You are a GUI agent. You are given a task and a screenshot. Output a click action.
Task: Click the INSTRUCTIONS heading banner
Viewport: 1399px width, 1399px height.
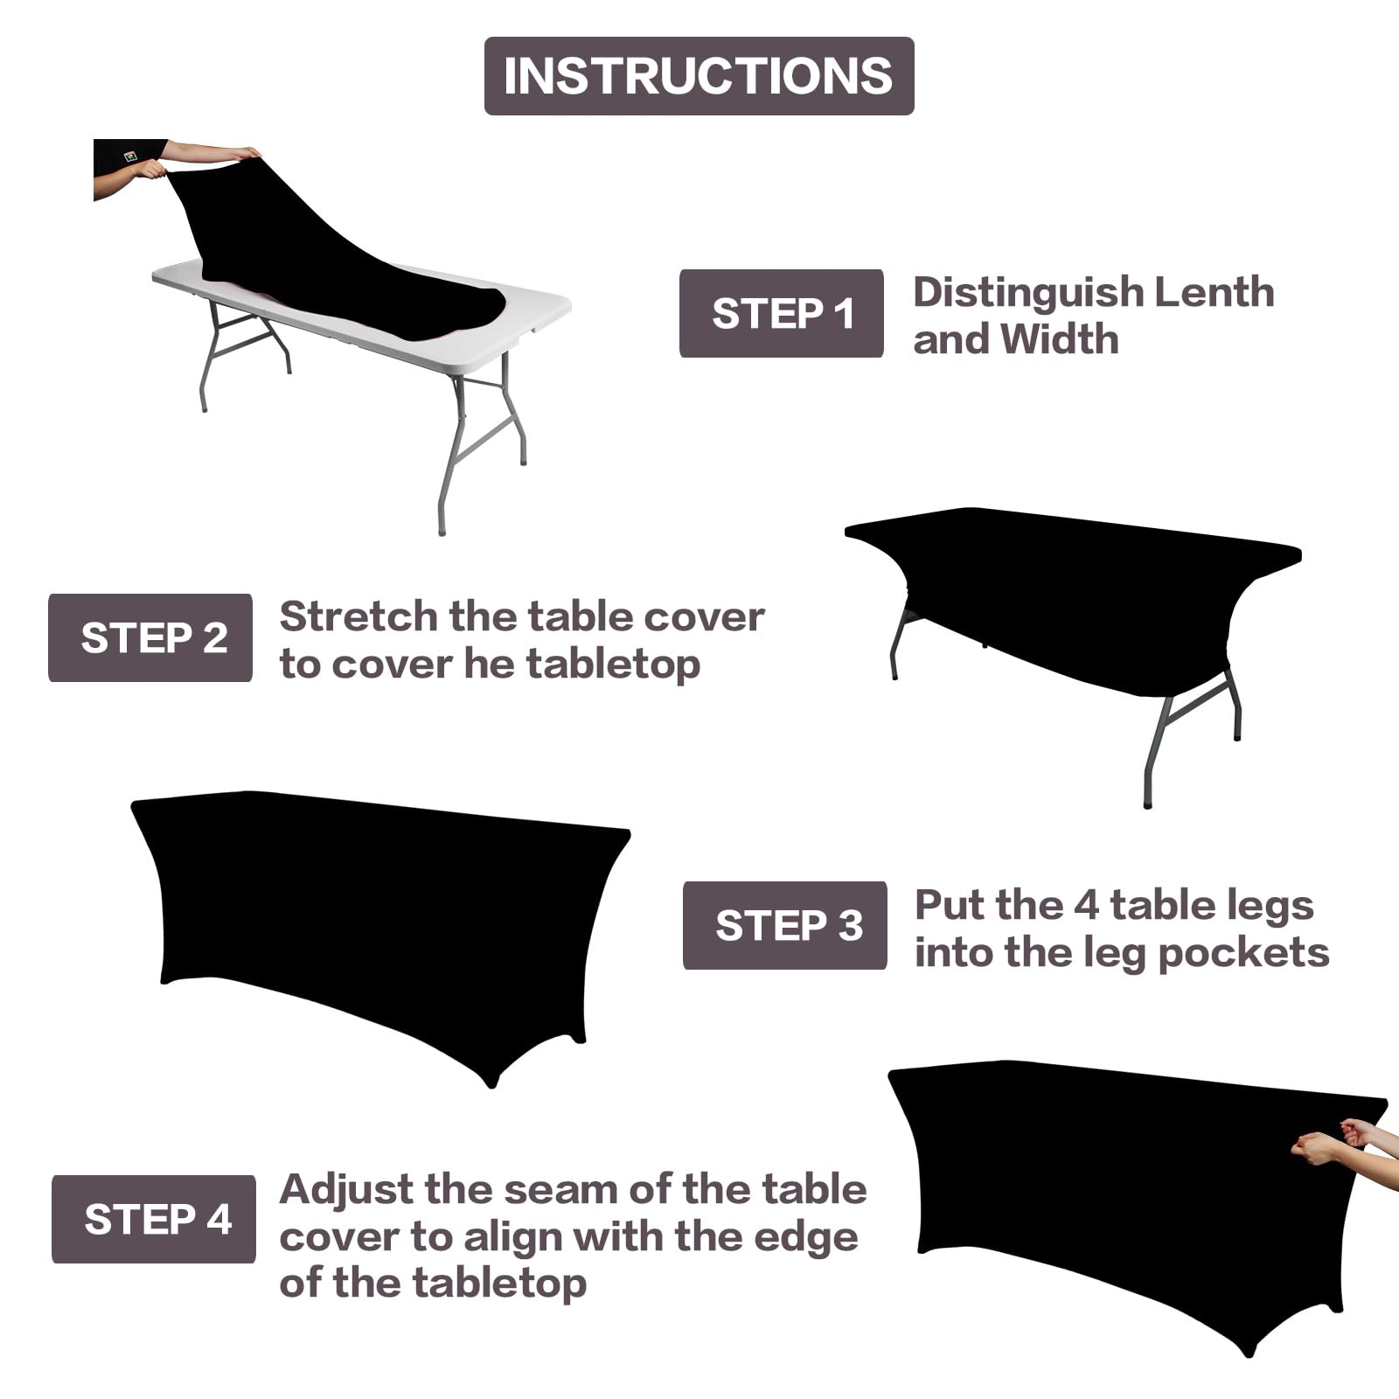click(x=699, y=76)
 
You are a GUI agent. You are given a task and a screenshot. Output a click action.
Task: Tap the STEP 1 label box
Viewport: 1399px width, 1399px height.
click(x=781, y=314)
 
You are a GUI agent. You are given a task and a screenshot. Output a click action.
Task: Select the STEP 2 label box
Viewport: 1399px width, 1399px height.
click(x=150, y=638)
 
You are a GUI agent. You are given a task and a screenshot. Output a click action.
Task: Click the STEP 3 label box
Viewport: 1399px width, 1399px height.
click(x=784, y=926)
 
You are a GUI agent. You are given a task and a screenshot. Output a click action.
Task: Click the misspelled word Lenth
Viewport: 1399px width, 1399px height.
click(x=1215, y=293)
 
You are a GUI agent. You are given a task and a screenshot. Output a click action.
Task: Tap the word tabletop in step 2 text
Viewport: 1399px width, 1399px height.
click(x=613, y=665)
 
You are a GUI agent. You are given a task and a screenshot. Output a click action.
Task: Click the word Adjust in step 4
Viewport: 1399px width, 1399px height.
click(x=346, y=1191)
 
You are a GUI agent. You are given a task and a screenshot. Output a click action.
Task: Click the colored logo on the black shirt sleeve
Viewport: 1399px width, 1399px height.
click(x=130, y=157)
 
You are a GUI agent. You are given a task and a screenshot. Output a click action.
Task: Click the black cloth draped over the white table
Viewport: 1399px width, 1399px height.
click(x=350, y=262)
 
